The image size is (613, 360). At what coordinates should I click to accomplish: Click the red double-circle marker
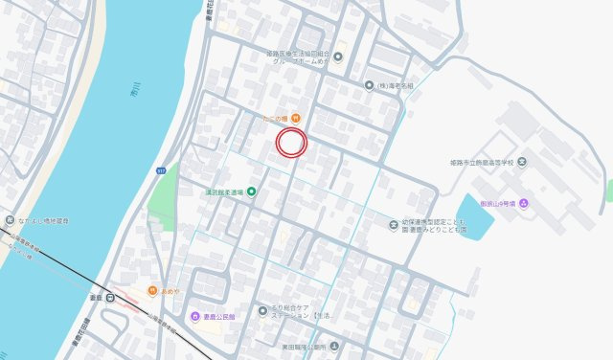(x=290, y=143)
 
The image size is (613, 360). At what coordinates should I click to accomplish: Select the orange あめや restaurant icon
(x=151, y=290)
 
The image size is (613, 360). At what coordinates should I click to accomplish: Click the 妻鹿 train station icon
(x=112, y=298)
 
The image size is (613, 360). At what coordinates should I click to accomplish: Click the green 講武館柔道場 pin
(x=252, y=191)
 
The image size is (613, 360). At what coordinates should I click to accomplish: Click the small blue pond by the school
(x=474, y=215)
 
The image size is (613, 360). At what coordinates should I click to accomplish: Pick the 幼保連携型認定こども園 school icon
(x=394, y=225)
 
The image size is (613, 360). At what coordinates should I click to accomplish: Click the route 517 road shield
(x=161, y=169)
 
